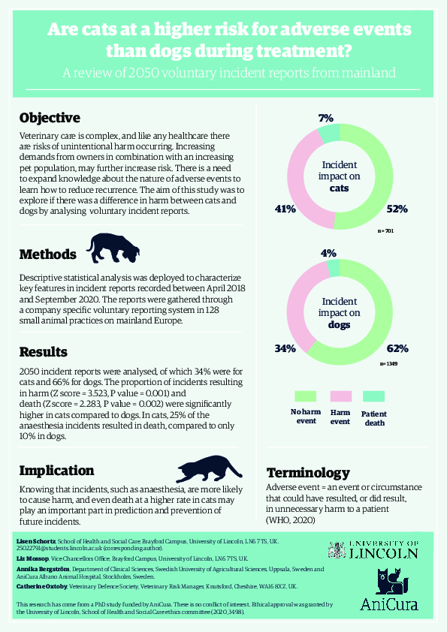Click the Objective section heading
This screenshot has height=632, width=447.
pyautogui.click(x=50, y=118)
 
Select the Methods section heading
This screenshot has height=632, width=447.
pyautogui.click(x=48, y=253)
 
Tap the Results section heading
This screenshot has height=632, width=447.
pyautogui.click(x=44, y=351)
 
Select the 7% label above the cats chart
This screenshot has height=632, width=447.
pyautogui.click(x=325, y=118)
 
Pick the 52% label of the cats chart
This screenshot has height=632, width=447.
pyautogui.click(x=397, y=209)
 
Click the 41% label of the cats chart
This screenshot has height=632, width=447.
pyautogui.click(x=285, y=209)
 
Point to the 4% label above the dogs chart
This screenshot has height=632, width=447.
pyautogui.click(x=328, y=254)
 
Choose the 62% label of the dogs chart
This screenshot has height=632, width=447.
pyautogui.click(x=397, y=348)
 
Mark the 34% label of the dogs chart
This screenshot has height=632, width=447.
pyautogui.click(x=285, y=348)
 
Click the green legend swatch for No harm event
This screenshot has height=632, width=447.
pyautogui.click(x=306, y=396)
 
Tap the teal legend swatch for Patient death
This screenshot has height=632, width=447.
pyautogui.click(x=373, y=396)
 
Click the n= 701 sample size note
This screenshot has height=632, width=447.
pyautogui.click(x=385, y=232)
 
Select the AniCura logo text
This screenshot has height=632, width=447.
pyautogui.click(x=388, y=603)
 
